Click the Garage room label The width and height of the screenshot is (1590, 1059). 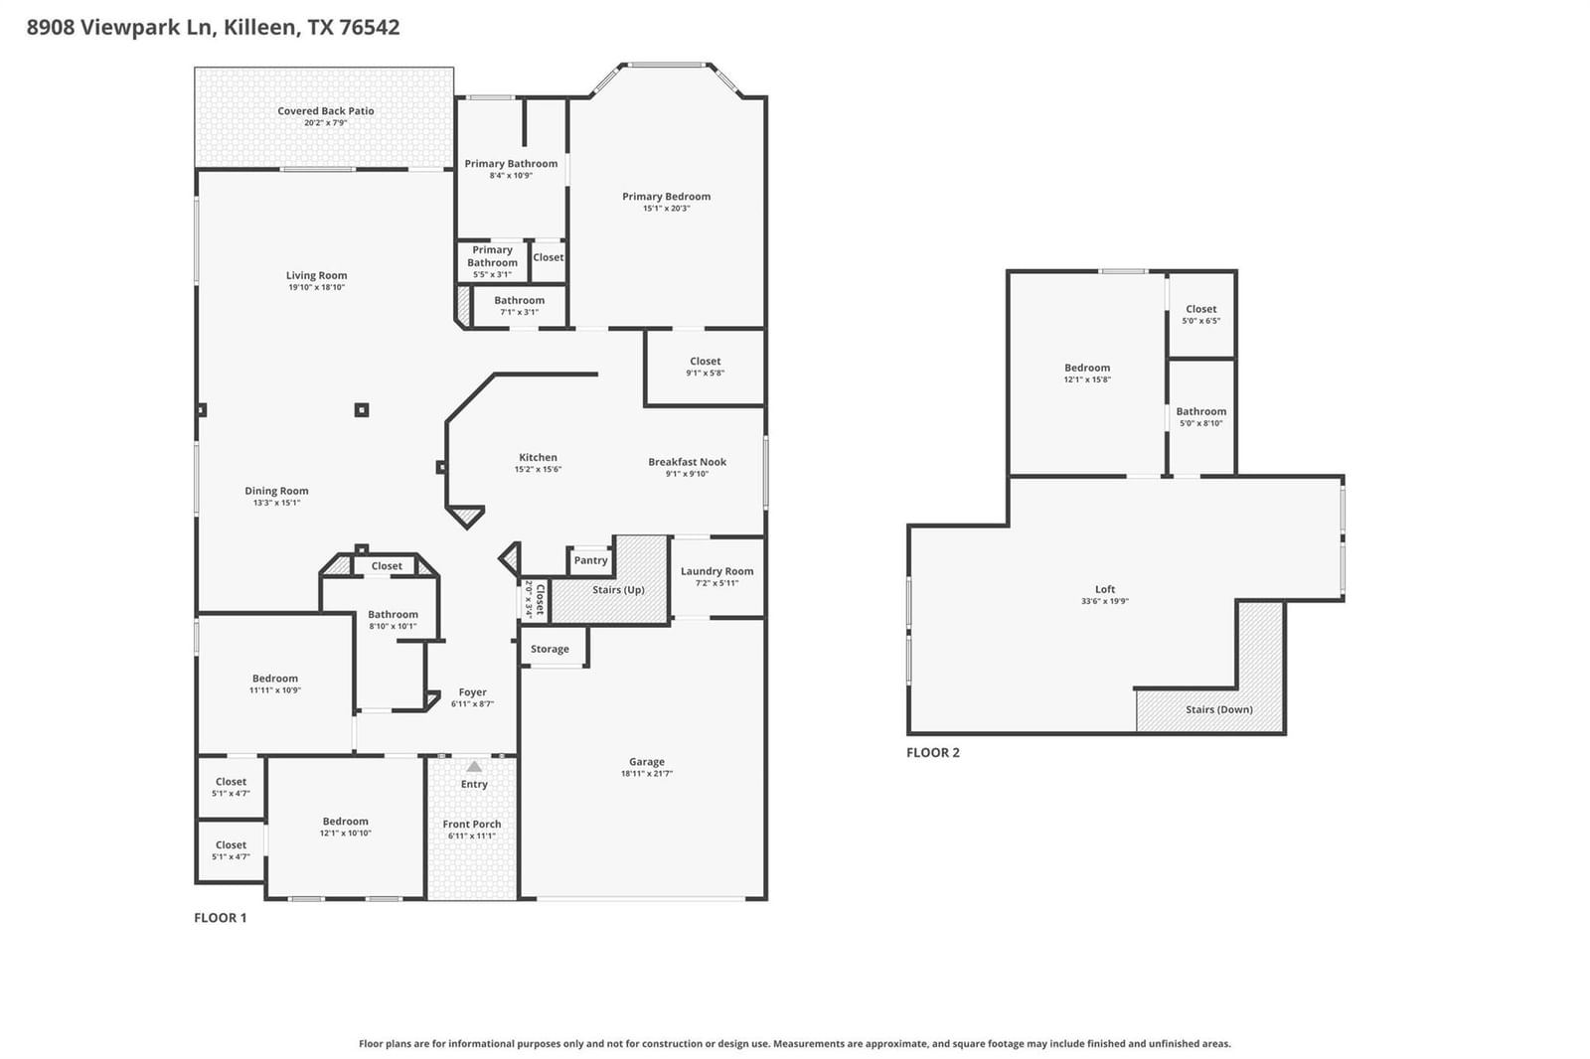point(646,762)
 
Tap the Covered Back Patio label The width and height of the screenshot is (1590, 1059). point(325,110)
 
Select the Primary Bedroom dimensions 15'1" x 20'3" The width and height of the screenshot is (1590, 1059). point(666,208)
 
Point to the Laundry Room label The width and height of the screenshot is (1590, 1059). point(716,571)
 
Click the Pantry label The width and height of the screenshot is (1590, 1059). point(590,560)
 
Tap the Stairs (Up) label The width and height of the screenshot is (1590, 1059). point(618,590)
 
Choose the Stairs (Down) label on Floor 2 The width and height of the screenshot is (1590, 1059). point(1218,709)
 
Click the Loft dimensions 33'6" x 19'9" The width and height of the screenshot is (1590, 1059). point(1104,601)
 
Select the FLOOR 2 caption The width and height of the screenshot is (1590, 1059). point(933,752)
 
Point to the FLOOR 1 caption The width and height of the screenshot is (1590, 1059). point(220,918)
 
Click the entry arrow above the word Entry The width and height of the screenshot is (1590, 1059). point(474,767)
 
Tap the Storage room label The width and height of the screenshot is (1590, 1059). point(550,649)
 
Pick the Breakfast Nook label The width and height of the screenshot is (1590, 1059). point(687,462)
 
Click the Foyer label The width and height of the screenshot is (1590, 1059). point(472,692)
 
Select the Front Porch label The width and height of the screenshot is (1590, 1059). point(471,825)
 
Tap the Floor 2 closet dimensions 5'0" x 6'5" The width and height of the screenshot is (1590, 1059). point(1201,321)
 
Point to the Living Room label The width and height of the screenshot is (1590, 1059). point(316,275)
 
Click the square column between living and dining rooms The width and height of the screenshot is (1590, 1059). point(362,409)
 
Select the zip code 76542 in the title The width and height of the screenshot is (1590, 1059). point(369,27)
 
